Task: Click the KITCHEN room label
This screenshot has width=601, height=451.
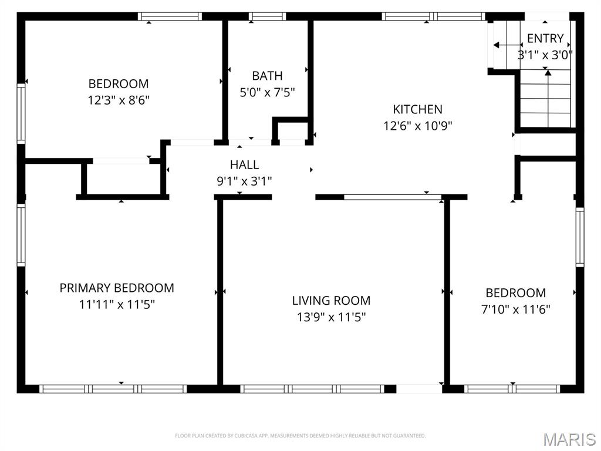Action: [417, 109]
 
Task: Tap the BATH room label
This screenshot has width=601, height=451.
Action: [267, 76]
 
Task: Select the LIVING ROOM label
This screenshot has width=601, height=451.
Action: [331, 301]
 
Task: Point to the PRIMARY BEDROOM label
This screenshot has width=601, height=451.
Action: [117, 288]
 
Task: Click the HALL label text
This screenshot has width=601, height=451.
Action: [244, 165]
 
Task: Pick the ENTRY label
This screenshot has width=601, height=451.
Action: [545, 39]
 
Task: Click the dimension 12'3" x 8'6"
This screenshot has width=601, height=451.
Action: [119, 100]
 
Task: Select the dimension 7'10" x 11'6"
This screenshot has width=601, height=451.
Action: [515, 309]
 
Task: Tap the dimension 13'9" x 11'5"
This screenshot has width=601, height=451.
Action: [331, 318]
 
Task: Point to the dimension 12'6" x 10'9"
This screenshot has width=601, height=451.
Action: [417, 126]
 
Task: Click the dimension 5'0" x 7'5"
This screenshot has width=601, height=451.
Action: [267, 92]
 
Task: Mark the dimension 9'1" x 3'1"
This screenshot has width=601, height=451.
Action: [244, 181]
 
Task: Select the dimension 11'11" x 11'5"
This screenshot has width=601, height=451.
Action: [117, 305]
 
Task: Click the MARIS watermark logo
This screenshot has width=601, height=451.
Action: [569, 439]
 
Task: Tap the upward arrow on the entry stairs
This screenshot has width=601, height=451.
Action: [547, 88]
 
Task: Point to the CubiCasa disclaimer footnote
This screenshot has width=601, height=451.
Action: [300, 436]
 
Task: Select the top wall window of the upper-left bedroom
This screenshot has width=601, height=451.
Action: [170, 16]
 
